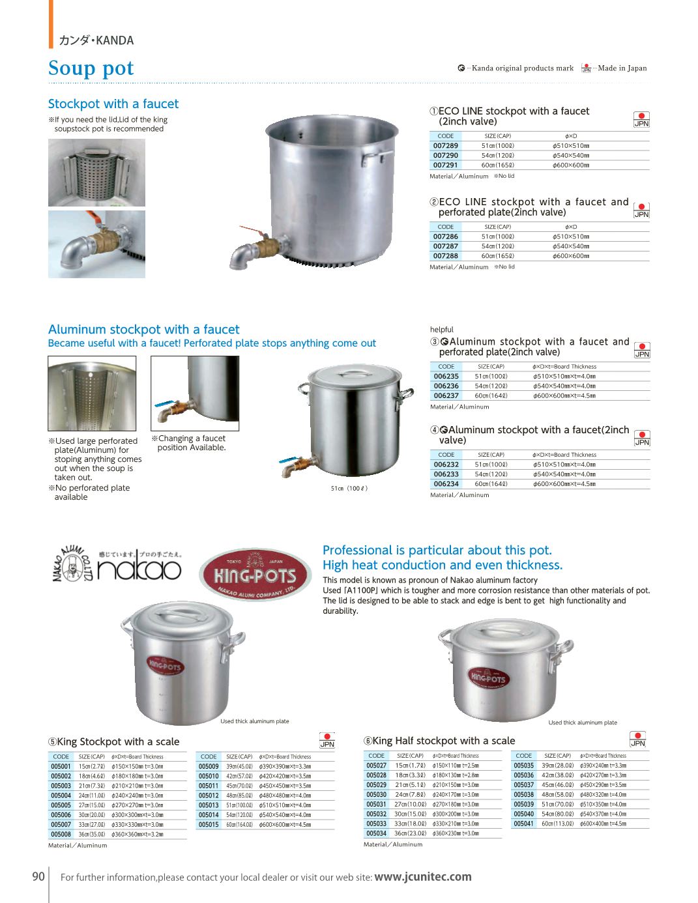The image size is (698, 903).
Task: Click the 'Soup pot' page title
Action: click(91, 68)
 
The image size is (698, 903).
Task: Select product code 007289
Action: click(446, 146)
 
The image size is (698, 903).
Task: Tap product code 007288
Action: click(446, 256)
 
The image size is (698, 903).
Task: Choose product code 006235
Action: click(446, 377)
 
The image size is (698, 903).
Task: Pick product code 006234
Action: click(446, 484)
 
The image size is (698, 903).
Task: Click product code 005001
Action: click(61, 767)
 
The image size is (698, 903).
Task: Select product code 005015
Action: click(209, 825)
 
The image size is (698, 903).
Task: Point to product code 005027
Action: click(376, 766)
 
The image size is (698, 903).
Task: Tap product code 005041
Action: click(523, 824)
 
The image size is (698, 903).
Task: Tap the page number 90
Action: click(38, 876)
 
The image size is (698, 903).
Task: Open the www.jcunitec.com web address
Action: click(423, 877)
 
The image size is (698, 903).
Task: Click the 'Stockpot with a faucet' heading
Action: click(113, 104)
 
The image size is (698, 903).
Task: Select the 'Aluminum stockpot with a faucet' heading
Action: click(144, 330)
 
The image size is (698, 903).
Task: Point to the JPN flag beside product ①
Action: click(641, 119)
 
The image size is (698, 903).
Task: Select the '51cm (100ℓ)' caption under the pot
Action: click(349, 488)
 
